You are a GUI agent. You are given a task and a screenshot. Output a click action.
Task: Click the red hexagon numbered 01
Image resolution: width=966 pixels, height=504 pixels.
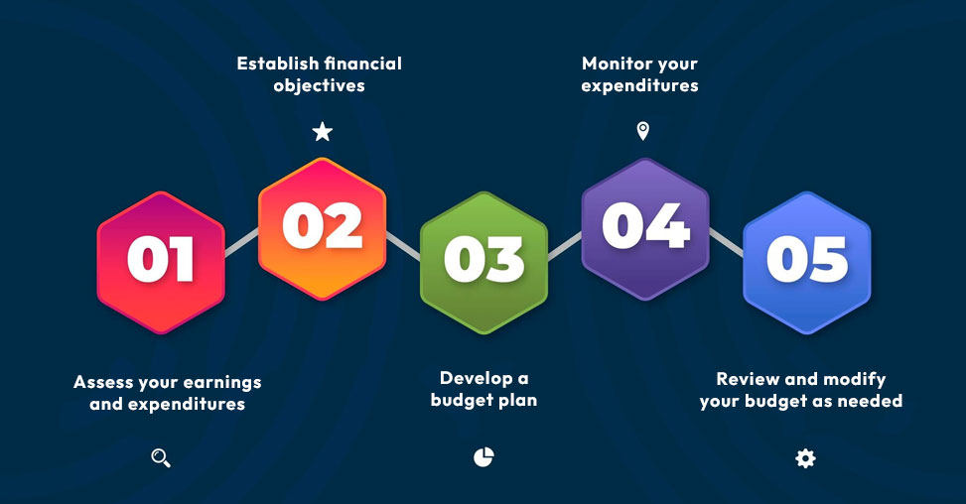point(161,263)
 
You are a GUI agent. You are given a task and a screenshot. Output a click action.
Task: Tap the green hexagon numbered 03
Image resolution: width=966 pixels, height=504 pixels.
point(483,263)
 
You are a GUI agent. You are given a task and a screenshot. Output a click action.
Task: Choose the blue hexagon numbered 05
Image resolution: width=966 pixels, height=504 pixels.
point(806,263)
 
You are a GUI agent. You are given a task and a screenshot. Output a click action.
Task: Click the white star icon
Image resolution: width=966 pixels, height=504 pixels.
point(323,131)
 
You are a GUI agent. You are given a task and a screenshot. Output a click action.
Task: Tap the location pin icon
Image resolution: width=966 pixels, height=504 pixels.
point(642,130)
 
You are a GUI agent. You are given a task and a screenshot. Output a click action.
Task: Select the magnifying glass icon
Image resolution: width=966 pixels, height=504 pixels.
point(161,457)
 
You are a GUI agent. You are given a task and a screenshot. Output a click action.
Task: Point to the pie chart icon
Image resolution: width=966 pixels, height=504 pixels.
point(483,457)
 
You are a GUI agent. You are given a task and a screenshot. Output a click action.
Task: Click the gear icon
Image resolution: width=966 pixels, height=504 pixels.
point(805,458)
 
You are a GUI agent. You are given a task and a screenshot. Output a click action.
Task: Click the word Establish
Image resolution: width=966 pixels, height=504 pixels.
point(277,63)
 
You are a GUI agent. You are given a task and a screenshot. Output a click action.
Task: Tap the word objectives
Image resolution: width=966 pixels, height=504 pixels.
point(319,85)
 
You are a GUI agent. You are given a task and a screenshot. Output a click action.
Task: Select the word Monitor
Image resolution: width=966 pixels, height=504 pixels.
point(618,63)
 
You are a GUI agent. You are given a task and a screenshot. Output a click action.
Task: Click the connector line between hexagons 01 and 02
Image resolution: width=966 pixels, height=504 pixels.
point(241,242)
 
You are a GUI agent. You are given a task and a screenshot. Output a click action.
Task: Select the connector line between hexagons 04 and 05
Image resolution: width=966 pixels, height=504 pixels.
point(726,242)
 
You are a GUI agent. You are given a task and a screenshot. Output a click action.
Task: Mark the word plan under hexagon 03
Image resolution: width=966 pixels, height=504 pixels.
point(517,401)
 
